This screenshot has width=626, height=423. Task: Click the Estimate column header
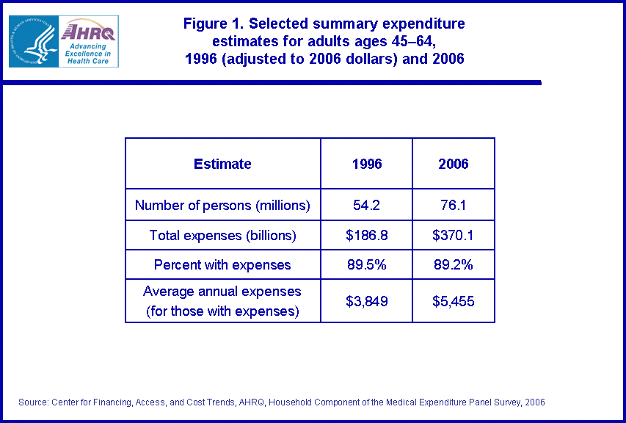(x=222, y=164)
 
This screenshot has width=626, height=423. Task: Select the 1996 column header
(x=367, y=164)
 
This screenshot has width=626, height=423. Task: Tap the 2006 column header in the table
(x=454, y=164)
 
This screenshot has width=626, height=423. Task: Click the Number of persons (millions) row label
(x=222, y=206)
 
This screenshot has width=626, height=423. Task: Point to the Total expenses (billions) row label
(x=222, y=236)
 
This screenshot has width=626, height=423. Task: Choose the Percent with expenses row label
(x=222, y=265)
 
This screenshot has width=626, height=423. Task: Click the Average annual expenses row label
(x=222, y=300)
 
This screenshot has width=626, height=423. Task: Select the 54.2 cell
(x=367, y=206)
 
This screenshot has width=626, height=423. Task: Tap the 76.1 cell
(x=454, y=206)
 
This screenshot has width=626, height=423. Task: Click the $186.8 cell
(x=367, y=236)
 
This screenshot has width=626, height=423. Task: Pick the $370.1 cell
(x=454, y=236)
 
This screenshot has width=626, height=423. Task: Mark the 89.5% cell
(x=367, y=265)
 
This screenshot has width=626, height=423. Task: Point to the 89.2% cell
(x=454, y=265)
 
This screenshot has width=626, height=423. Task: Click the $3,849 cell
(x=367, y=300)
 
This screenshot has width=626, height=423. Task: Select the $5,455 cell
(x=454, y=300)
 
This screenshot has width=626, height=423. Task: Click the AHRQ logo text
(x=87, y=32)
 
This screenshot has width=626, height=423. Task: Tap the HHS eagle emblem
(x=33, y=42)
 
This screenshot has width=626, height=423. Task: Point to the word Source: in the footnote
(x=32, y=402)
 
